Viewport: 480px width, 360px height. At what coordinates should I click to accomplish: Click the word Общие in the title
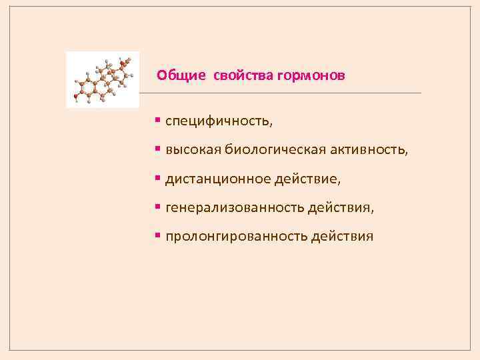click(x=181, y=75)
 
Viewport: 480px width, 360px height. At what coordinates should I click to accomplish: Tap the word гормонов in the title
click(x=311, y=76)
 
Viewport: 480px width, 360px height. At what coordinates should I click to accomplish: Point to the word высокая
click(x=193, y=150)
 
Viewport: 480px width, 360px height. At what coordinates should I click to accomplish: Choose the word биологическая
click(x=275, y=149)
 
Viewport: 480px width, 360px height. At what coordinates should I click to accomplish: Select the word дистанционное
click(x=218, y=179)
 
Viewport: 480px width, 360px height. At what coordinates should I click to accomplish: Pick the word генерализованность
click(x=235, y=208)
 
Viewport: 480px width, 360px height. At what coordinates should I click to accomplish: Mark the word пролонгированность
click(x=237, y=237)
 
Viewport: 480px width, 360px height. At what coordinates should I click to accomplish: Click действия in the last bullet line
click(x=342, y=237)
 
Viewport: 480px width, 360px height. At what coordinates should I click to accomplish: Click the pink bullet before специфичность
click(x=157, y=120)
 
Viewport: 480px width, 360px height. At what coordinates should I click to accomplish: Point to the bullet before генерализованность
click(x=157, y=207)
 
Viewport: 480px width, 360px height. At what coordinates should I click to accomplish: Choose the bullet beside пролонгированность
click(x=157, y=235)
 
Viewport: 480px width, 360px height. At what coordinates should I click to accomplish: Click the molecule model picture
click(x=103, y=79)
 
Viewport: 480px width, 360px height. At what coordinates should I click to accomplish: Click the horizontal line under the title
click(x=280, y=93)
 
